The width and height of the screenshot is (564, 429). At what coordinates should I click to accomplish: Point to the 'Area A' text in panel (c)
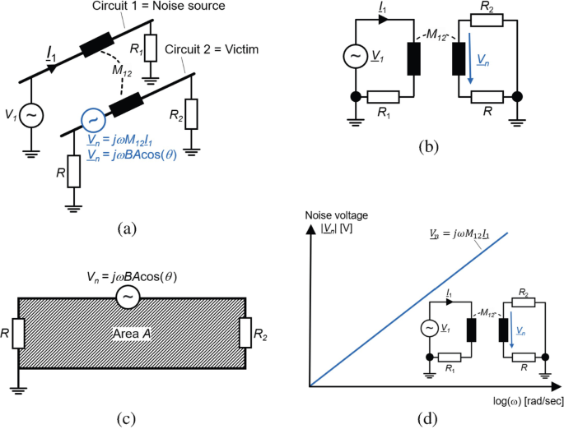click(129, 331)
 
